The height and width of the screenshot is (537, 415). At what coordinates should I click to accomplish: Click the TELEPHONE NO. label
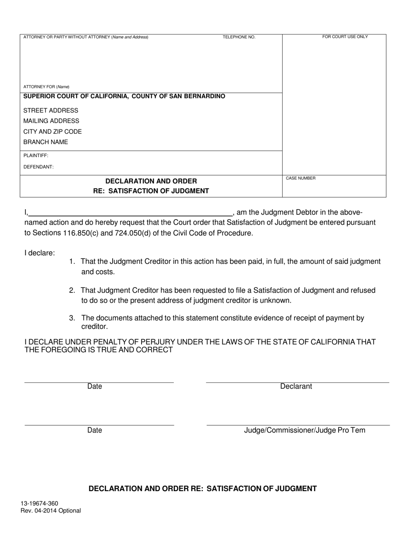[239, 37]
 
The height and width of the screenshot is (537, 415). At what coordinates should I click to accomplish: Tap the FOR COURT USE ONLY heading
[345, 37]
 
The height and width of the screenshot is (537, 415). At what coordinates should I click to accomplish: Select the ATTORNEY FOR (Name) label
[46, 87]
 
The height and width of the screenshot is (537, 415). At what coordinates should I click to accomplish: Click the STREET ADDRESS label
[51, 110]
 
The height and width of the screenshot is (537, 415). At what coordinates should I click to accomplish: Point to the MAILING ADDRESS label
[51, 121]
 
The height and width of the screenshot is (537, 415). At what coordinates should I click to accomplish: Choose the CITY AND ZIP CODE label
[52, 131]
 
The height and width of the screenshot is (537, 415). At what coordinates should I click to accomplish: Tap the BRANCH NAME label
[45, 142]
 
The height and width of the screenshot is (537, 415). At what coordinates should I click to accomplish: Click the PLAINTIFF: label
[36, 155]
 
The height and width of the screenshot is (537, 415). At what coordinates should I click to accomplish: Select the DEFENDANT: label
[38, 167]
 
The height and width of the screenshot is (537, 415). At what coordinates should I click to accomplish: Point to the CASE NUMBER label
[301, 179]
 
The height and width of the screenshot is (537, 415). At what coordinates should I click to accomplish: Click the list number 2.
[72, 290]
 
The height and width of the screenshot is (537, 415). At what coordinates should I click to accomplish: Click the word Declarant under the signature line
[296, 386]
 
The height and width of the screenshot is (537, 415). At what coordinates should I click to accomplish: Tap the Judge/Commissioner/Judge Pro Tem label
[304, 430]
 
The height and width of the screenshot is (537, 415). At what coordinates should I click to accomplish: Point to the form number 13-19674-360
[39, 503]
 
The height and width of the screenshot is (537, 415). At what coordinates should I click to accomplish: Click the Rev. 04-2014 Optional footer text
[51, 510]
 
